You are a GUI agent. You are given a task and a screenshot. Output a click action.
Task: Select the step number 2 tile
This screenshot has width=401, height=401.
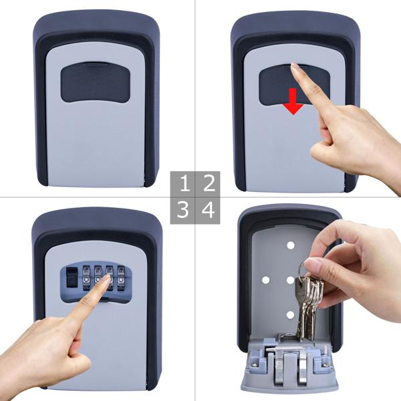pos(209,182)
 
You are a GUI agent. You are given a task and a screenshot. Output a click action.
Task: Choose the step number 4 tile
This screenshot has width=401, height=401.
pos(209,211)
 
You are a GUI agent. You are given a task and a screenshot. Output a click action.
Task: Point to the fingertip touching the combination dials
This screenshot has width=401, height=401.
pos(106,283)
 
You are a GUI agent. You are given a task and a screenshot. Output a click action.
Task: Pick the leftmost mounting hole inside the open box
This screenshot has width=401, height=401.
pos(266,280)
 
